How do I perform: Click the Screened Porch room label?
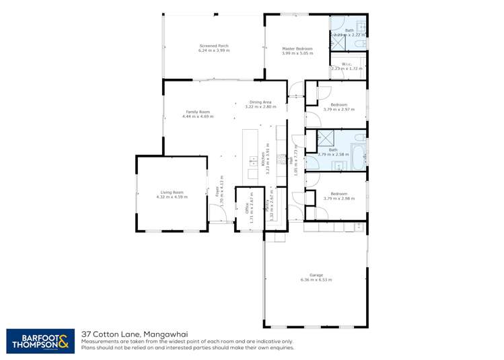[214, 46]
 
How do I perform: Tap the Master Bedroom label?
[297, 48]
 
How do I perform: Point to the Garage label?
[316, 274]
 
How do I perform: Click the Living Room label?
[172, 192]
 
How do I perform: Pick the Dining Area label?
[260, 102]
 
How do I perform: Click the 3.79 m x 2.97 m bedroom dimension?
[335, 109]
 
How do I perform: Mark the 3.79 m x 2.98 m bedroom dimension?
[335, 199]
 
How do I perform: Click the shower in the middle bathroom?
[327, 138]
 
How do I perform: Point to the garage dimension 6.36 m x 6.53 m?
[316, 279]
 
